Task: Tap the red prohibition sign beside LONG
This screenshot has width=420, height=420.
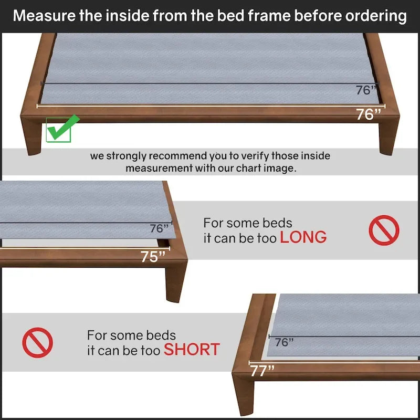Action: click(384, 230)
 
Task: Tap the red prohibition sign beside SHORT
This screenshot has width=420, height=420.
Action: click(37, 343)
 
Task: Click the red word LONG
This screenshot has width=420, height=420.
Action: click(303, 237)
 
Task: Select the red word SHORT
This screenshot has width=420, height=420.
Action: click(192, 350)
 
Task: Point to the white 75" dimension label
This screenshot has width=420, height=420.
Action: click(153, 257)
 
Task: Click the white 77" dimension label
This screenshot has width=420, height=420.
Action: click(262, 371)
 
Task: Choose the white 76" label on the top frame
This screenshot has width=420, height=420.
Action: click(369, 114)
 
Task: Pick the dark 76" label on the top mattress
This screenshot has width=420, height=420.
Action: click(366, 90)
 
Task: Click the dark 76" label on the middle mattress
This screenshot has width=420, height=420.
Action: click(159, 228)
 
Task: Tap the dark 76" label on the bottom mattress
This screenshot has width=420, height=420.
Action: click(284, 342)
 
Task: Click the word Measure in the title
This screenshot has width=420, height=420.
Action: click(44, 16)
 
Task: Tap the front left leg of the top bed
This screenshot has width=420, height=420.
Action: click(33, 136)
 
